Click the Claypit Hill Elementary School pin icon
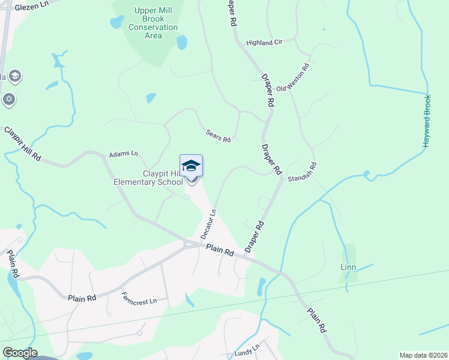(x=191, y=166)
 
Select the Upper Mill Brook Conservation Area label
(x=153, y=23)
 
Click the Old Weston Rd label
(x=292, y=77)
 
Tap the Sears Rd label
(x=218, y=136)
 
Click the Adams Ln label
(x=123, y=154)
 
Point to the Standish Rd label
(x=301, y=173)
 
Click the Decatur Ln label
(x=206, y=223)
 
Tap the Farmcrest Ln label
(x=139, y=297)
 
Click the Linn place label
(x=348, y=267)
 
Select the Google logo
(x=20, y=353)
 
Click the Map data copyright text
(x=423, y=355)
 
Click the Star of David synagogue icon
(x=9, y=100)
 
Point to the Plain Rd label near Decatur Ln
(x=219, y=250)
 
